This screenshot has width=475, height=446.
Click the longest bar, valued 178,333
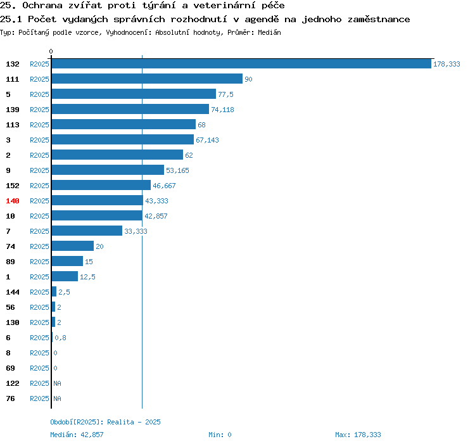click(241, 63)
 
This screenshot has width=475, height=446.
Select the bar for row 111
click(147, 79)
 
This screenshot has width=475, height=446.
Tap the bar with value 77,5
click(134, 94)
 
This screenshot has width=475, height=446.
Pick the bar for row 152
click(101, 185)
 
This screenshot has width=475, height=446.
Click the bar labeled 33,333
click(87, 231)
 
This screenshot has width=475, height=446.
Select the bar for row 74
click(73, 246)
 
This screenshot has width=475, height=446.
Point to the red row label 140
click(13, 201)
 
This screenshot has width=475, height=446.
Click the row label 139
click(13, 110)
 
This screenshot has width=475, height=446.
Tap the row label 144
click(13, 292)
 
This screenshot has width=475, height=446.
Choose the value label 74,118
click(223, 110)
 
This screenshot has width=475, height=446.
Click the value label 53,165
click(177, 170)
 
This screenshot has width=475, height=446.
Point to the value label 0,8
click(60, 338)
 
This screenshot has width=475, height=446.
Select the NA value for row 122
click(57, 383)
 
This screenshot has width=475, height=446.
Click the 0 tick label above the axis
click(51, 51)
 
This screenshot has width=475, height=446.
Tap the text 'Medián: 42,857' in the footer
click(77, 435)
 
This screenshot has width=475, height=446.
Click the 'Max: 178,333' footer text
click(358, 435)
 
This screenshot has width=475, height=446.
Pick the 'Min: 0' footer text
click(220, 435)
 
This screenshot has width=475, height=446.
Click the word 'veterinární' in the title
click(224, 6)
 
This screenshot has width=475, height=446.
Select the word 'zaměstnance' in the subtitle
click(379, 20)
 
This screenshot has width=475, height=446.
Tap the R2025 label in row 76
click(39, 398)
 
